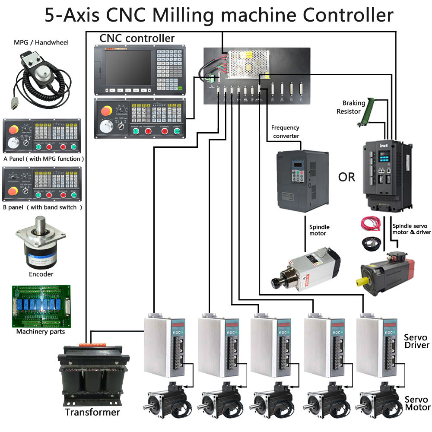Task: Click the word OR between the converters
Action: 346,177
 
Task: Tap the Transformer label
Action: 92,412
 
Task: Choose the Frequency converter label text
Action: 285,132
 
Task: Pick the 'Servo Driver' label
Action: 416,341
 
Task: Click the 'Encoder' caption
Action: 41,274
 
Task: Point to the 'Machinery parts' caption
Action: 41,332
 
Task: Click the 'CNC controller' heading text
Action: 137,38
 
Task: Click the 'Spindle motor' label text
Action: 319,230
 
